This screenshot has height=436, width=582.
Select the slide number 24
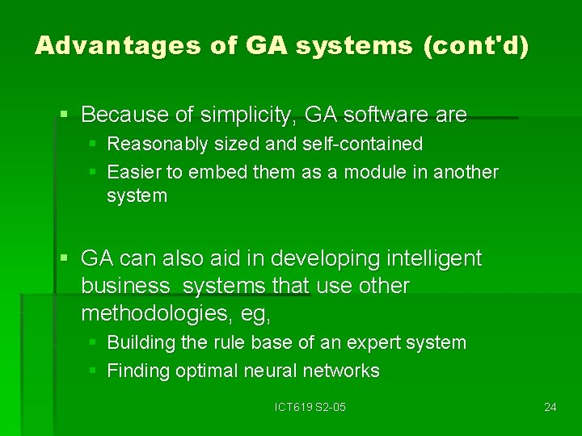tap(550, 407)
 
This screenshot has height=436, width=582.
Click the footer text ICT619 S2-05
tap(310, 407)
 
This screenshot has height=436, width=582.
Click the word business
tap(126, 286)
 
